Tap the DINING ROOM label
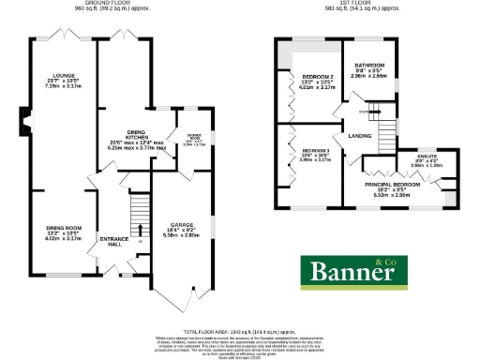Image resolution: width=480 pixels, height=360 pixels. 66,226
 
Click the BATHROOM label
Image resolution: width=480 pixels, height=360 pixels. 369,66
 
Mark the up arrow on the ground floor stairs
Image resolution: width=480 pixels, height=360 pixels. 139,228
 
